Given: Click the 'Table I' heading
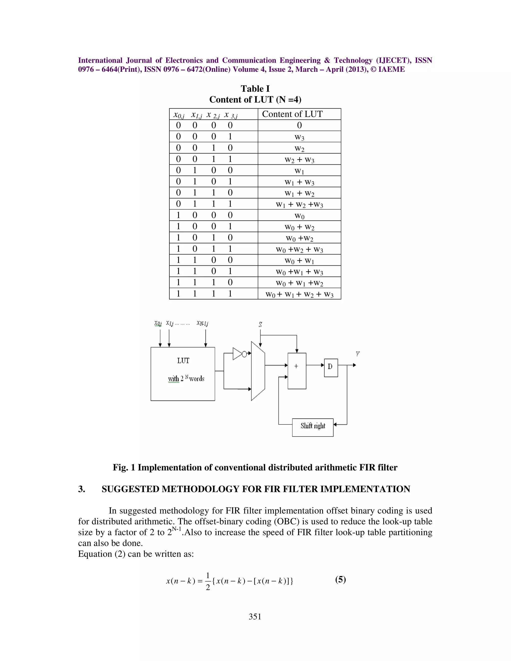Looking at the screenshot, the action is [x=255, y=89].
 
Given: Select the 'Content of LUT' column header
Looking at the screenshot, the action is [x=292, y=114].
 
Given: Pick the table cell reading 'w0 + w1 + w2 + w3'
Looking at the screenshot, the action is [x=299, y=294].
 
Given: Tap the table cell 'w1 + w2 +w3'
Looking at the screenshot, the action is [x=299, y=205].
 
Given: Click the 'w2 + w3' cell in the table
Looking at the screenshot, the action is [x=299, y=159].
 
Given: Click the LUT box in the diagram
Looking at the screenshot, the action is [x=183, y=374].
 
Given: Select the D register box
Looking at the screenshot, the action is [x=331, y=367].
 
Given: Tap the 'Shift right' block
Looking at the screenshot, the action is [x=313, y=427].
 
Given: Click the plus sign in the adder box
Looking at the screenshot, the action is [x=296, y=366].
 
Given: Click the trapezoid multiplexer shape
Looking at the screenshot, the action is [x=258, y=371].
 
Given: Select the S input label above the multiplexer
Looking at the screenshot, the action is [x=260, y=325].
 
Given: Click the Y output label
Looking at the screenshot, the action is [x=358, y=354].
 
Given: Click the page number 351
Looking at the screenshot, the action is [x=255, y=617].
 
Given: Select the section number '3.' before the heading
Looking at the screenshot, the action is [x=82, y=489].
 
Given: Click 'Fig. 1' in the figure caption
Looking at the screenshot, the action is [x=124, y=468].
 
